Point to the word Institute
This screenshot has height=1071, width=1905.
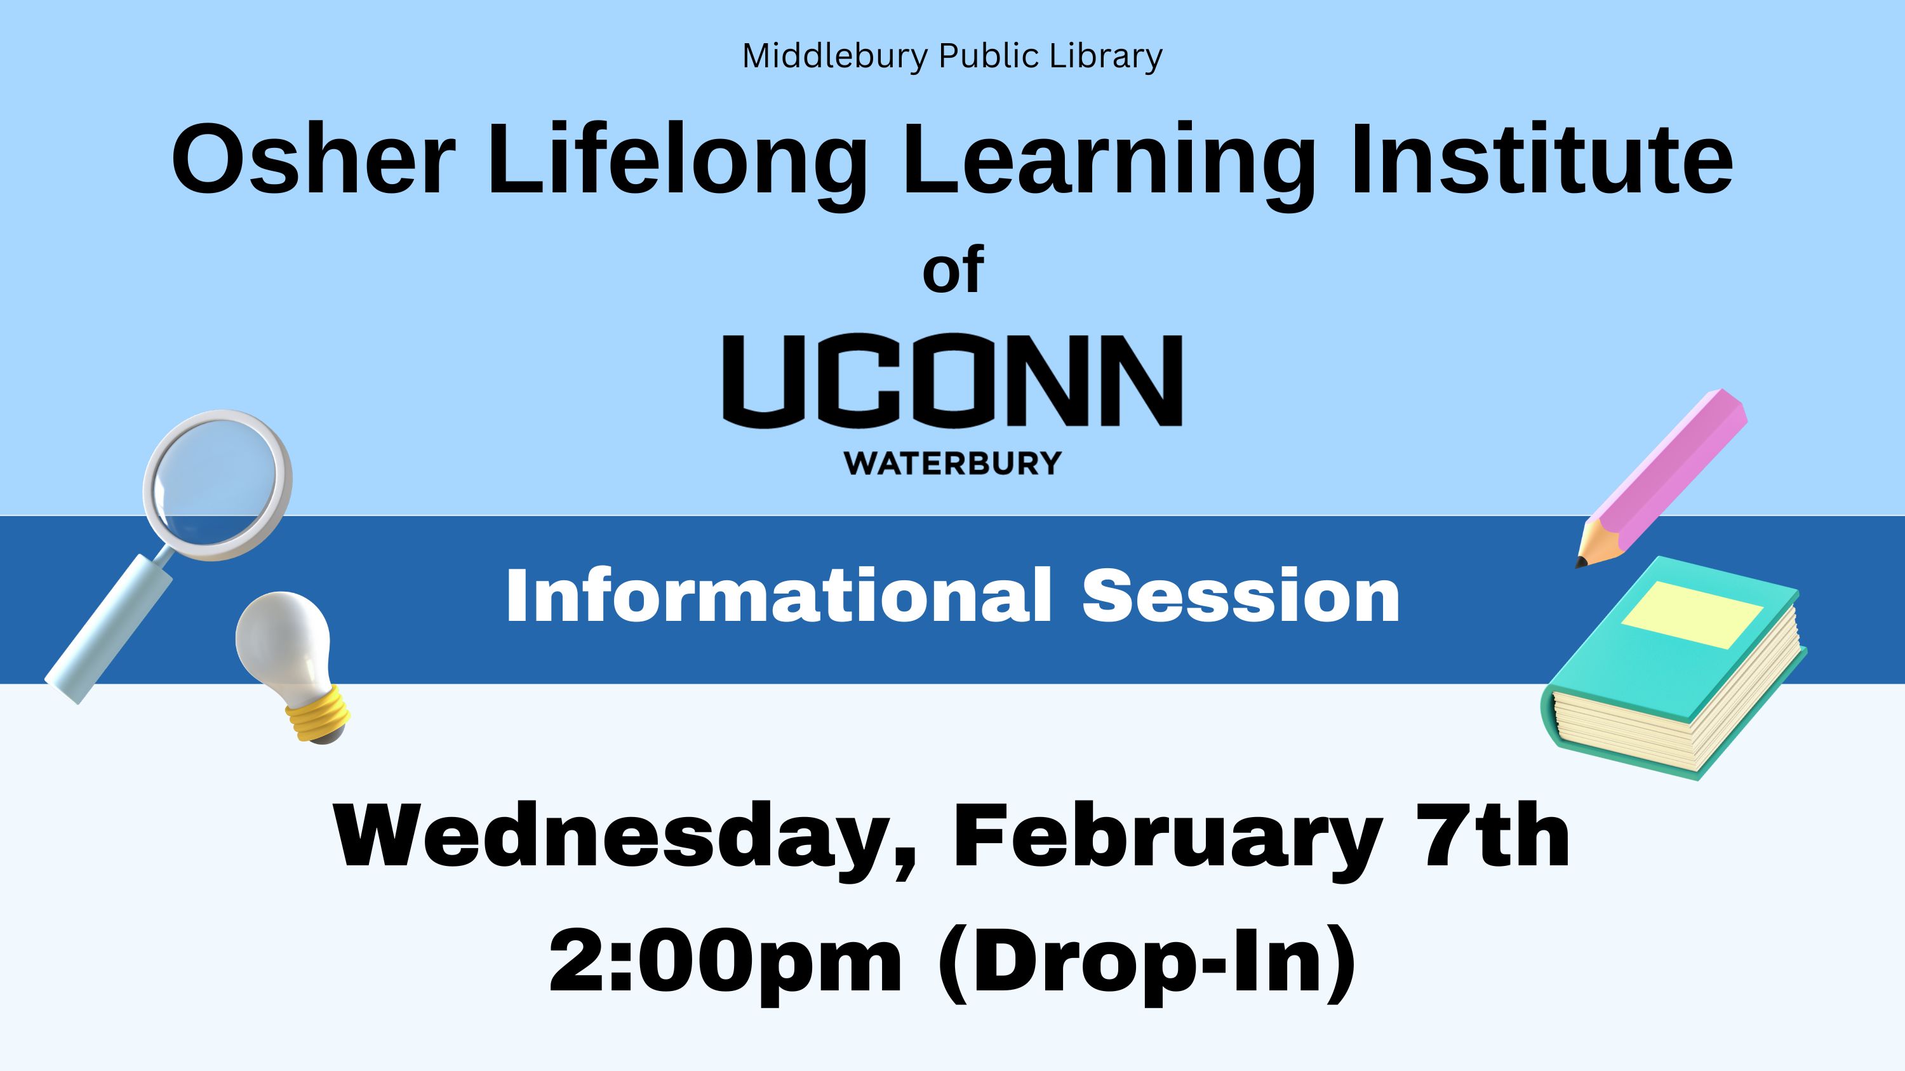[x=1542, y=159]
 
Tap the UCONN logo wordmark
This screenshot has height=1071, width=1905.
[x=952, y=382]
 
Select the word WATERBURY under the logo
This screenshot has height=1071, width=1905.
[x=952, y=463]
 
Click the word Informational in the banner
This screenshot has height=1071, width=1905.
[x=779, y=595]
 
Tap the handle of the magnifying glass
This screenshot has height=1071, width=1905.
[x=109, y=630]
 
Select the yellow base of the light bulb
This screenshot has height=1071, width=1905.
[x=319, y=712]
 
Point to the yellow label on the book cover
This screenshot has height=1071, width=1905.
[x=1692, y=615]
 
